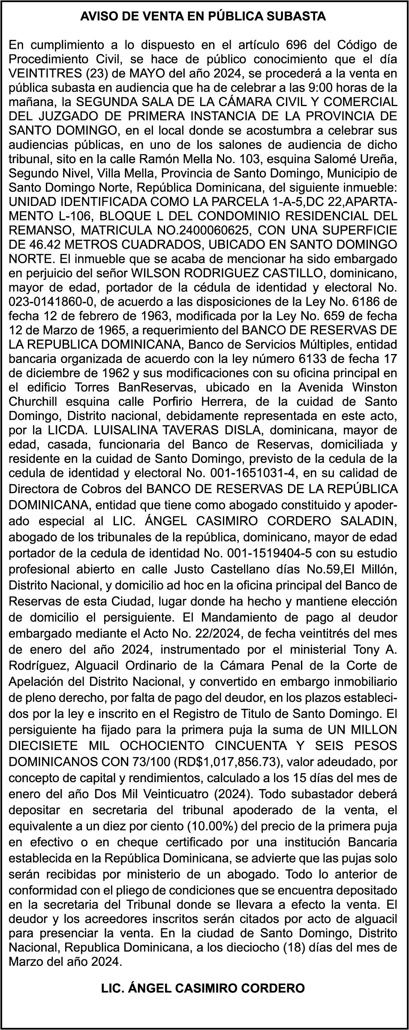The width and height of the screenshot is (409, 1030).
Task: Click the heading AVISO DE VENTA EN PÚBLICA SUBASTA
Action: pyautogui.click(x=203, y=17)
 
